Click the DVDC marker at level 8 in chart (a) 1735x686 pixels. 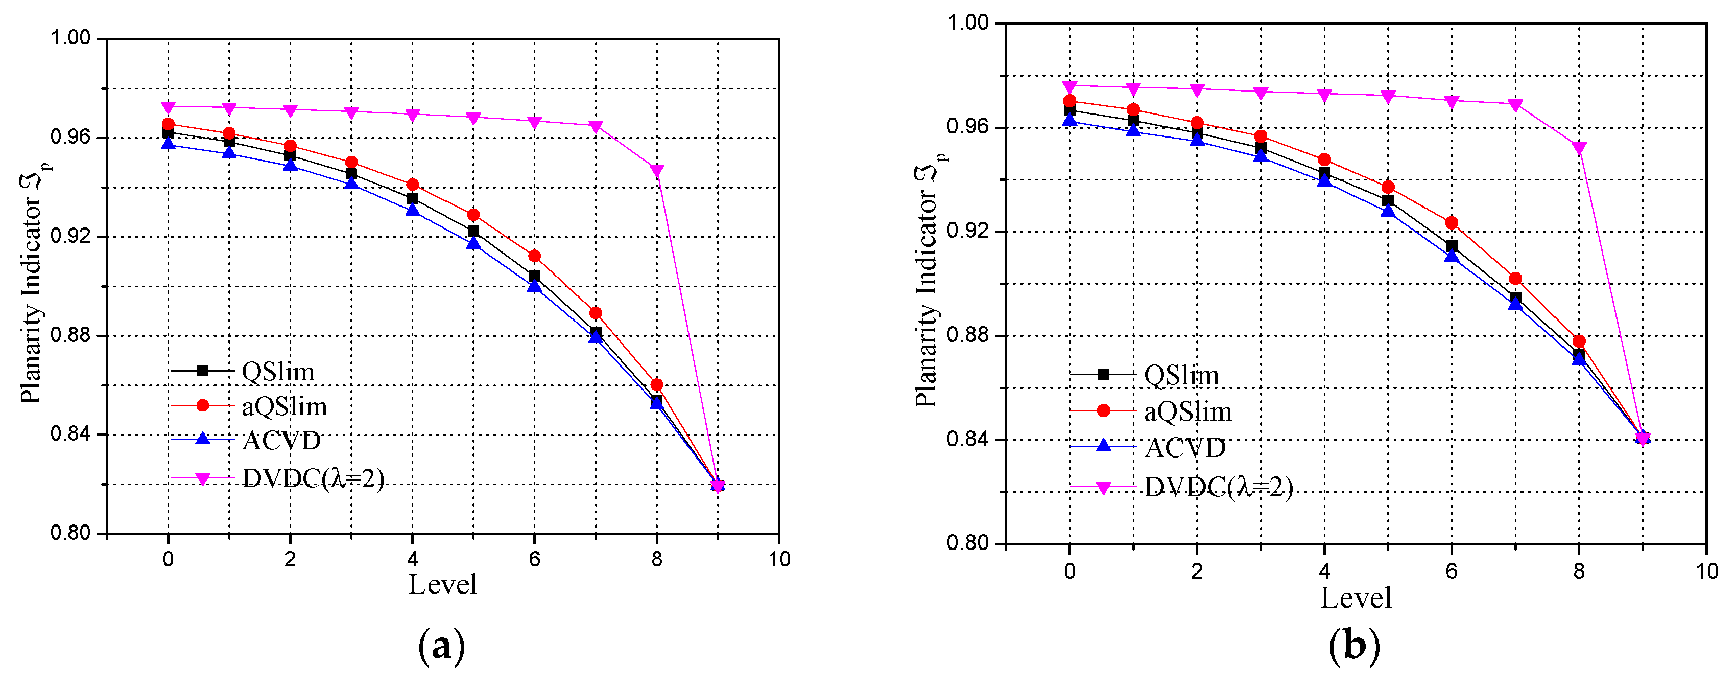pyautogui.click(x=657, y=170)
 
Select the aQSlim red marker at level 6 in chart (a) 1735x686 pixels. pyautogui.click(x=534, y=256)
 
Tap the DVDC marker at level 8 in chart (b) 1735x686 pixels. pyautogui.click(x=1579, y=148)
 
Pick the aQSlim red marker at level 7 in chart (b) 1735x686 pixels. pyautogui.click(x=1515, y=278)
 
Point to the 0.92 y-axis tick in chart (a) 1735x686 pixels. pyautogui.click(x=70, y=237)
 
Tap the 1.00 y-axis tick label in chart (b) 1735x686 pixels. pyautogui.click(x=967, y=23)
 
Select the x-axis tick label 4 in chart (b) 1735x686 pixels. pyautogui.click(x=1324, y=571)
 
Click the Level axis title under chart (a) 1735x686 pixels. pyautogui.click(x=442, y=585)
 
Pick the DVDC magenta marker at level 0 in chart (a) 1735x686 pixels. pyautogui.click(x=169, y=106)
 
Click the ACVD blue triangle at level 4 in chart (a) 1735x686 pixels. pyautogui.click(x=412, y=210)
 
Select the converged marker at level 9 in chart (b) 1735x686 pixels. pyautogui.click(x=1643, y=439)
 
